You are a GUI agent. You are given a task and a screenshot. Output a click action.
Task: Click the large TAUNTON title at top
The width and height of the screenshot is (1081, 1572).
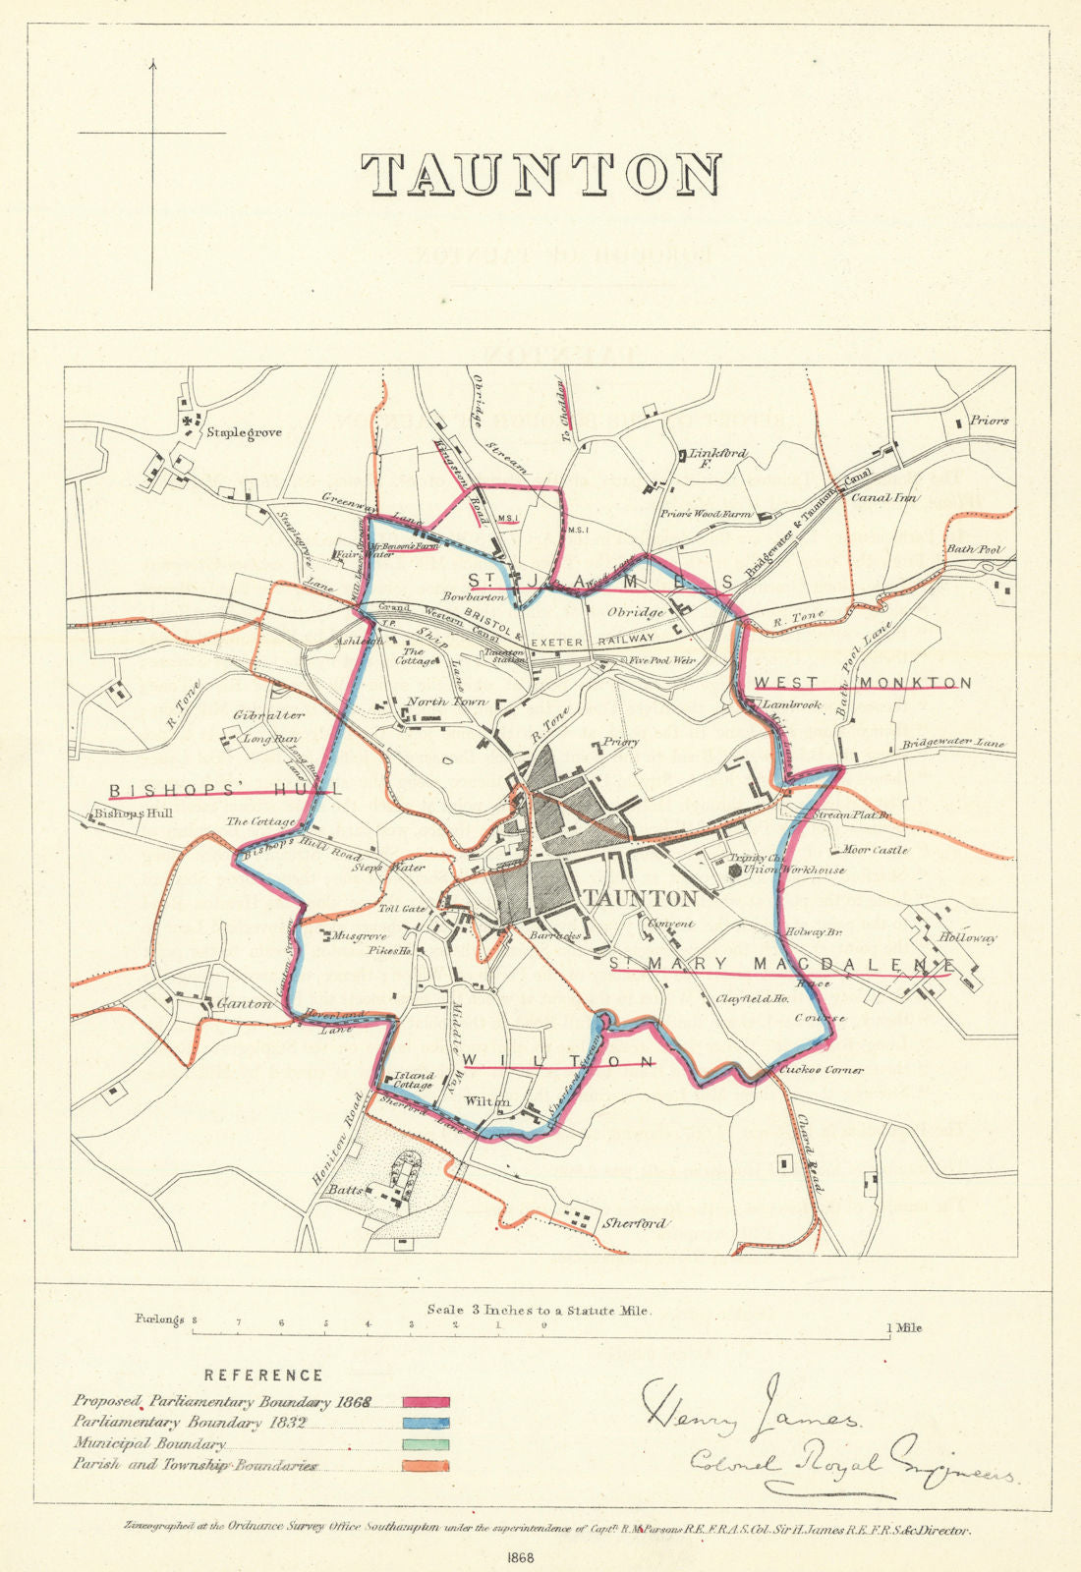540,175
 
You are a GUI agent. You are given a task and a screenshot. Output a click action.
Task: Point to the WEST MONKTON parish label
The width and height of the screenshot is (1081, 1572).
863,683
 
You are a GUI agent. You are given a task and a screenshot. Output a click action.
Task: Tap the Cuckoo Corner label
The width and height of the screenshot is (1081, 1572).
821,1069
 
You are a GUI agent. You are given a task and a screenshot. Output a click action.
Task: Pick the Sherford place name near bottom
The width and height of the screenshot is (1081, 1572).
635,1224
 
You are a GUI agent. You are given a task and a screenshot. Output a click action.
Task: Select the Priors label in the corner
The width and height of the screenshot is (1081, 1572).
989,421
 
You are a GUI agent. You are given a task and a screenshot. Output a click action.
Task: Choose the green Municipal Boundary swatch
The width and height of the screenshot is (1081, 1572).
426,1445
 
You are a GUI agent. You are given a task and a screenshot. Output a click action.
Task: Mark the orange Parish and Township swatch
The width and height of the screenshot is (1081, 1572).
426,1466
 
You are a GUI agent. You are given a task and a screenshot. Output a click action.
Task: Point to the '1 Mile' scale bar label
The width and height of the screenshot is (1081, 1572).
905,1327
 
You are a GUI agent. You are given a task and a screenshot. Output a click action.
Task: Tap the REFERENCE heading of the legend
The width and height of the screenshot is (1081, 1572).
263,1375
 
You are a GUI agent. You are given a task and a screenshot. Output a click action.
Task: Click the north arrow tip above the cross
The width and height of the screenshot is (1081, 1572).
152,62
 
